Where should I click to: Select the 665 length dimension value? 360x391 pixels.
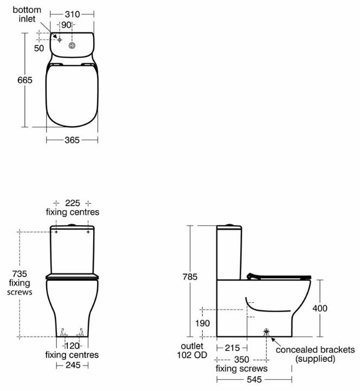click(24, 80)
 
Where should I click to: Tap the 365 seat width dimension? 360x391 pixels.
click(72, 140)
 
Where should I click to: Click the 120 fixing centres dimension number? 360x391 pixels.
click(73, 346)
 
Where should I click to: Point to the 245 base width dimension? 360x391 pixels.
click(73, 366)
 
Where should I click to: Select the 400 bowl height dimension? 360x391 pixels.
click(320, 308)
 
